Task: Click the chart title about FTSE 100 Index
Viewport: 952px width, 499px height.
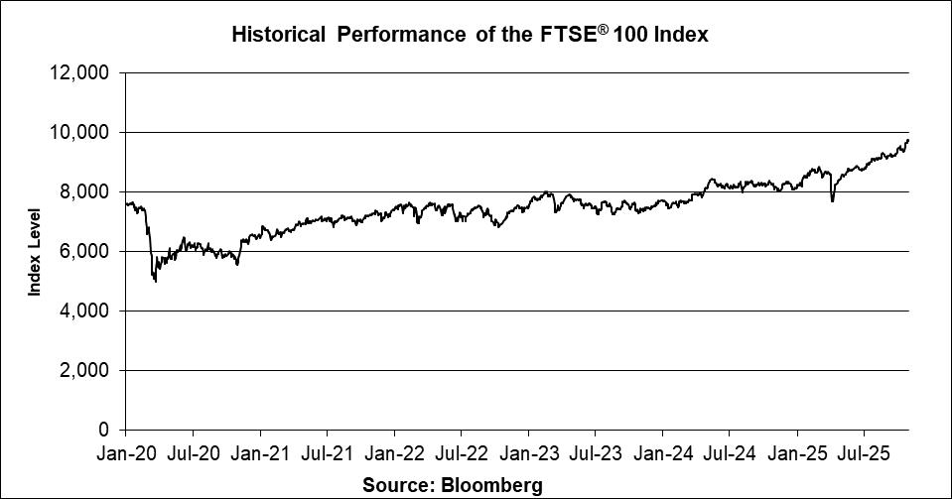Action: pos(469,35)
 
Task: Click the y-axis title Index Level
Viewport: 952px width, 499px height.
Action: pos(35,251)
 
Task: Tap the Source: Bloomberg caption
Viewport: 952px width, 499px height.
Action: pos(452,485)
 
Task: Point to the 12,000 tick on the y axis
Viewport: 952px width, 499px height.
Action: pos(82,72)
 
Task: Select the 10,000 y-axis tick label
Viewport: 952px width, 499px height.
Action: pos(82,132)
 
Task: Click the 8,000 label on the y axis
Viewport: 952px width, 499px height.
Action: pos(86,191)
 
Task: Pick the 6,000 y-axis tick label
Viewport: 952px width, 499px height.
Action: pos(86,251)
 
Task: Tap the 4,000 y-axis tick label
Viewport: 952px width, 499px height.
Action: pos(86,311)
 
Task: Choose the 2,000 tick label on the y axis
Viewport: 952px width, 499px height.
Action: pos(86,370)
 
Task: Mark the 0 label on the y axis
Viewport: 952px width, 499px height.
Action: pos(104,430)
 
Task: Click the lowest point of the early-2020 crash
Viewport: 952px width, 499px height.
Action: pos(156,282)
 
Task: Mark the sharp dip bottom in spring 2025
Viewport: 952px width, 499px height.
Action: pos(832,201)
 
